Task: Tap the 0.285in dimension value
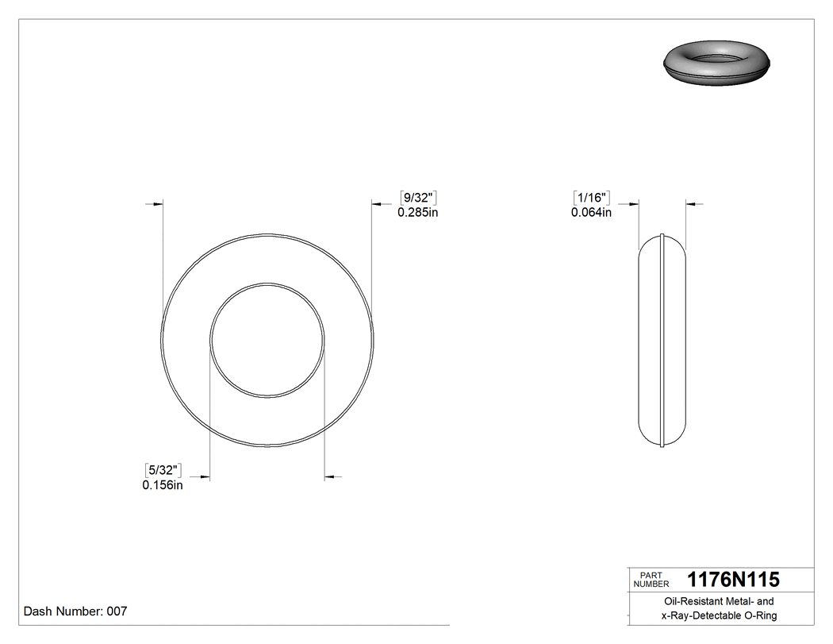[418, 212]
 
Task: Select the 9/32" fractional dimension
[418, 198]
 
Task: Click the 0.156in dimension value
[163, 485]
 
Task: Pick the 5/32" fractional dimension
[163, 471]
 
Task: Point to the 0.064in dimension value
[591, 212]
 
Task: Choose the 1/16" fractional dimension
[591, 198]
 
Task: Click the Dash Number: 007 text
[75, 611]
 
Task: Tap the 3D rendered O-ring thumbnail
[716, 63]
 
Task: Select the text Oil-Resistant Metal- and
[720, 602]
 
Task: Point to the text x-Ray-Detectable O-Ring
[720, 615]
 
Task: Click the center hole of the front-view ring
[267, 340]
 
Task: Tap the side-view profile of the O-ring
[662, 340]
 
